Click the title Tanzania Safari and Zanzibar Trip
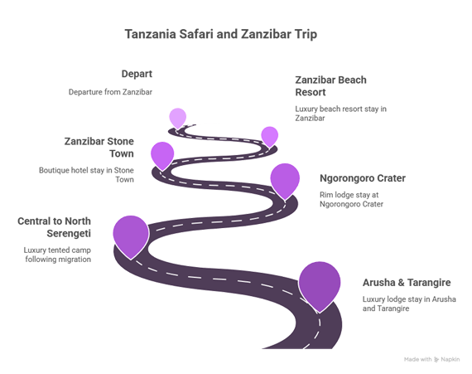pyautogui.click(x=221, y=34)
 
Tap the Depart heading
pyautogui.click(x=137, y=74)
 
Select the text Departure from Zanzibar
pyautogui.click(x=110, y=92)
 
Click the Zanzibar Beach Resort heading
pyautogui.click(x=330, y=86)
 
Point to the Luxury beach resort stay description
pyautogui.click(x=340, y=114)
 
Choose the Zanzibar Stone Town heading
pyautogui.click(x=99, y=148)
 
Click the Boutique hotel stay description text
pyautogui.click(x=86, y=175)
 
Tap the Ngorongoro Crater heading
pyautogui.click(x=363, y=178)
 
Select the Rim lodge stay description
pyautogui.click(x=351, y=200)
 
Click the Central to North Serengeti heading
pyautogui.click(x=54, y=227)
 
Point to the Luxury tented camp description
pyautogui.click(x=57, y=255)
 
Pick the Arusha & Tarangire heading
pyautogui.click(x=407, y=283)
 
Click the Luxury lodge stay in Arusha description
pyautogui.click(x=409, y=304)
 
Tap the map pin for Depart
pyautogui.click(x=177, y=118)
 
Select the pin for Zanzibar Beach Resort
pyautogui.click(x=269, y=137)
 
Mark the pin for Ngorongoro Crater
pyautogui.click(x=285, y=181)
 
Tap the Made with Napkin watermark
pyautogui.click(x=431, y=359)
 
